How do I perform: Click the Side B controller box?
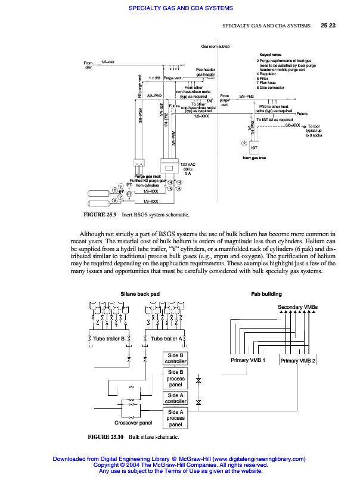(175, 358)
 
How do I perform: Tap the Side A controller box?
(175, 398)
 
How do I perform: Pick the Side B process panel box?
(175, 379)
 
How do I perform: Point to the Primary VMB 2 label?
(299, 361)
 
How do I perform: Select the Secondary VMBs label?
(298, 307)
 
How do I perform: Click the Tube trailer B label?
(108, 339)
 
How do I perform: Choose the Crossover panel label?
(134, 423)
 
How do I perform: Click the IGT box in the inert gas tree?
(254, 147)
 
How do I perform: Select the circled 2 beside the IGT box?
(244, 143)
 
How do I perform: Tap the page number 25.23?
(328, 26)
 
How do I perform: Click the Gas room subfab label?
(215, 46)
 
